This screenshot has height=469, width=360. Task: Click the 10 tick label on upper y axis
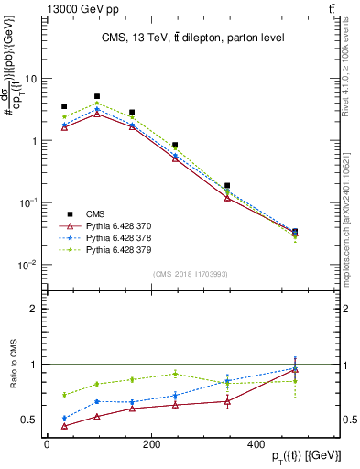coord(32,79)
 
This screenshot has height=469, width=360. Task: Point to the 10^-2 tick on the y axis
coord(29,265)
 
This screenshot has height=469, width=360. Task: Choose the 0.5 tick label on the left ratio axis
coord(32,420)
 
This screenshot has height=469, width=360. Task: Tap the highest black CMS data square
coord(97,96)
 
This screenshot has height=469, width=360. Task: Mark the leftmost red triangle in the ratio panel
coord(64,426)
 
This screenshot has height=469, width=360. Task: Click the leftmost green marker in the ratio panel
coord(64,395)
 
